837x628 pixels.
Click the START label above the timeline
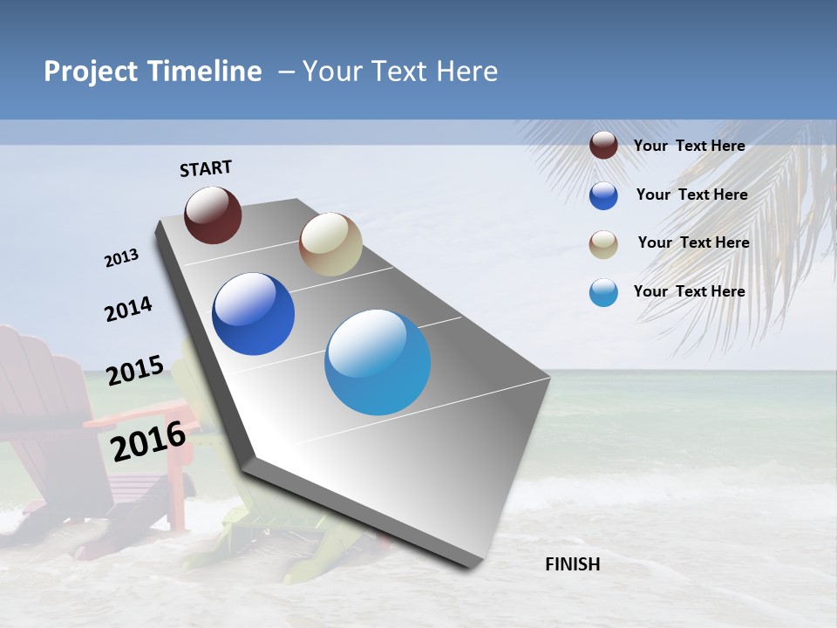[206, 167]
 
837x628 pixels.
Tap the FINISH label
[573, 564]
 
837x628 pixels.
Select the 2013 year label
[122, 257]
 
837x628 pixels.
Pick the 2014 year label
[128, 309]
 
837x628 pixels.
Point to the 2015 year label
[135, 371]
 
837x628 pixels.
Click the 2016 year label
[149, 440]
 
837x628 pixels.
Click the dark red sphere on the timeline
[213, 215]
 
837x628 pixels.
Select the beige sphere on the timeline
[330, 244]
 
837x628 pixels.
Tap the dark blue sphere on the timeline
[254, 314]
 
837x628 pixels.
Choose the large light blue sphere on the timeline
[378, 362]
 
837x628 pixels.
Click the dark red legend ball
[603, 146]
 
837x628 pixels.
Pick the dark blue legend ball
[603, 195]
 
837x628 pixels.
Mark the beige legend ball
[603, 244]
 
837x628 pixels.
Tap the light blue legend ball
[603, 292]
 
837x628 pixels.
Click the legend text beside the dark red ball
[689, 146]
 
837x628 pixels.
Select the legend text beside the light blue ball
[689, 291]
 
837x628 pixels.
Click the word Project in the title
[90, 72]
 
